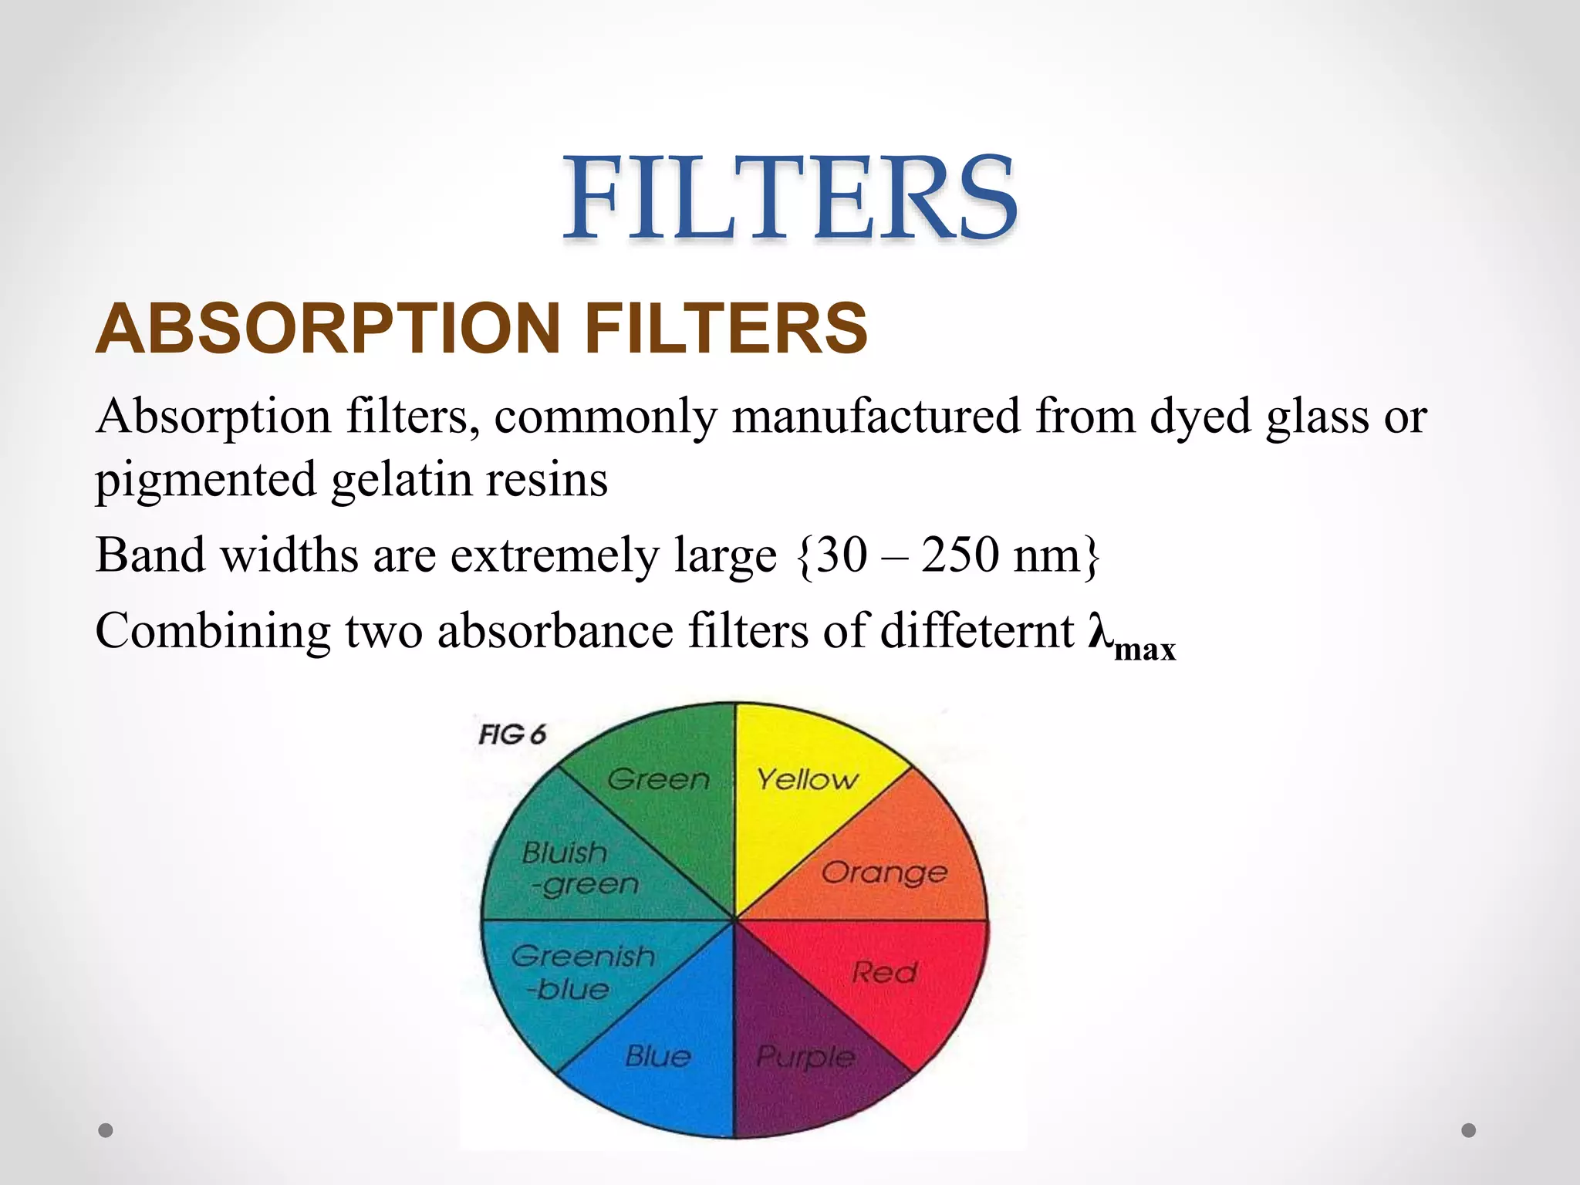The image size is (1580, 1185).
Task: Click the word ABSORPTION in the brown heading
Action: coord(329,329)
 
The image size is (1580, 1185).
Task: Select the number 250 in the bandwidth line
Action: coord(960,555)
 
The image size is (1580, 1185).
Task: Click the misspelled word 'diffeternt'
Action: coord(977,631)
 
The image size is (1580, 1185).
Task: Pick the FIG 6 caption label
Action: coord(511,734)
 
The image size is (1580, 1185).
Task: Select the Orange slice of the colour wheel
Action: coord(895,864)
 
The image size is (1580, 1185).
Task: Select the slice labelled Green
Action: coord(663,795)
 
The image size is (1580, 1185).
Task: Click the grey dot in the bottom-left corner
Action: coord(106,1130)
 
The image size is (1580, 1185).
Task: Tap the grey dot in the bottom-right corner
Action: coord(1469,1130)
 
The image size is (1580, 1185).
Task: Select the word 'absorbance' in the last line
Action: coord(555,631)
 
